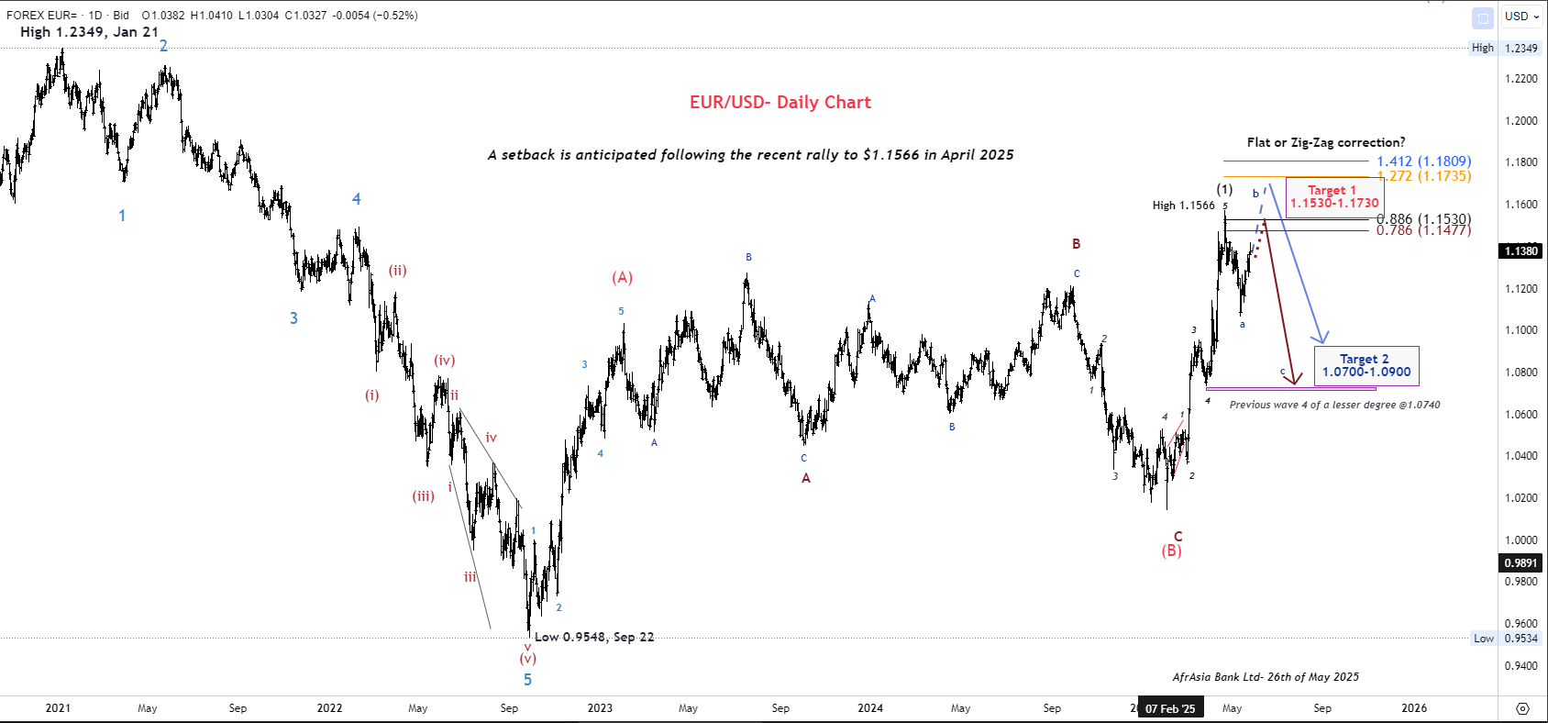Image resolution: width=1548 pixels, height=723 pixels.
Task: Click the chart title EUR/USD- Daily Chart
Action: coord(780,103)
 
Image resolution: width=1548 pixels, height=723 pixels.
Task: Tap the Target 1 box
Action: coord(1334,196)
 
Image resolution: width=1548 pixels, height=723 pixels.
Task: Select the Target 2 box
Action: coord(1366,365)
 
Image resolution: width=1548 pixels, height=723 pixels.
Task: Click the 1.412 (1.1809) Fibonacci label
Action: coord(1423,161)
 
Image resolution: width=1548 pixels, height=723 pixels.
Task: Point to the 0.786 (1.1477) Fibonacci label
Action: coord(1423,230)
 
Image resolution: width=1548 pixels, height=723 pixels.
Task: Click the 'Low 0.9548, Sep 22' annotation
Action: coord(594,637)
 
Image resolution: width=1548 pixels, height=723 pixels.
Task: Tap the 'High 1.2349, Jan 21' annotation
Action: coord(89,32)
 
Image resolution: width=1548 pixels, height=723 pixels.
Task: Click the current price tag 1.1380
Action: coord(1520,250)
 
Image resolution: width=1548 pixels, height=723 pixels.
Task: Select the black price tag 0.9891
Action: coord(1520,562)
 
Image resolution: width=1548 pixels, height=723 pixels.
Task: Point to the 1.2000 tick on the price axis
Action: coord(1520,120)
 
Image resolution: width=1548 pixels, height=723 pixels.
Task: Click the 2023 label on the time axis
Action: coord(600,708)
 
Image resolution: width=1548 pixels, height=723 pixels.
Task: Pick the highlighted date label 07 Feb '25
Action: coord(1170,708)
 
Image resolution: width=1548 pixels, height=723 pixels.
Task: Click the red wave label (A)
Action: coord(623,277)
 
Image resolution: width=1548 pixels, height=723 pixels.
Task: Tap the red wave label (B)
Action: coord(1172,551)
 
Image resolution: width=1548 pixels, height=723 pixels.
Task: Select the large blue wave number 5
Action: coord(527,680)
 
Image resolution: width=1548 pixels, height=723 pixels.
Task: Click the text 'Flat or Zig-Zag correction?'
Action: coord(1325,142)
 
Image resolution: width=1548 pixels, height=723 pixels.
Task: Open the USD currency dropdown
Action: coord(1521,17)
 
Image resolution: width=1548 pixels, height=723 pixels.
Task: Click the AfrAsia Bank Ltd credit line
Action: coord(1266,677)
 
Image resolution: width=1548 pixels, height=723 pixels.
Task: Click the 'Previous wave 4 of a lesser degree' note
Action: coord(1334,405)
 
